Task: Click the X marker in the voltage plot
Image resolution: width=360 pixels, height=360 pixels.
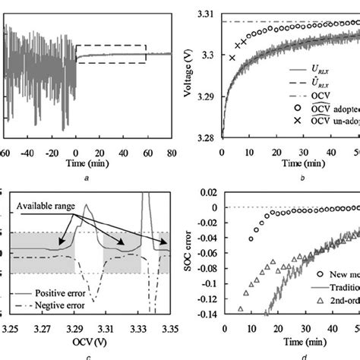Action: [232, 58]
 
